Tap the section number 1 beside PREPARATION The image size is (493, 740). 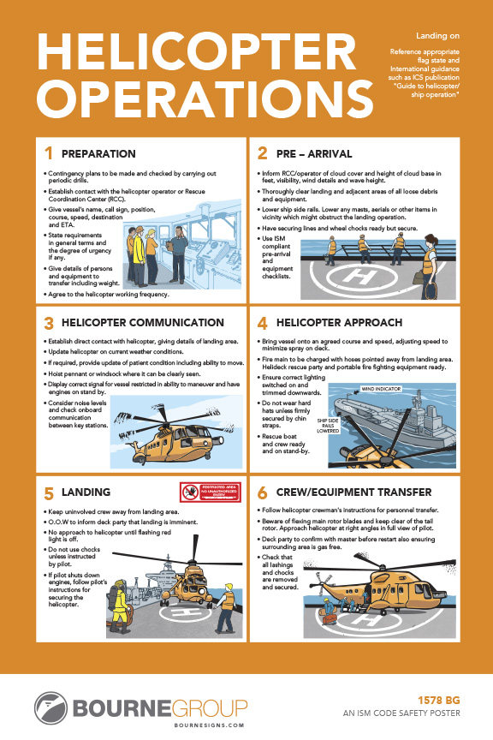[x=49, y=154]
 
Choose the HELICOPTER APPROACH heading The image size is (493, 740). [x=339, y=323]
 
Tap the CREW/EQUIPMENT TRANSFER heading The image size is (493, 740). [x=357, y=492]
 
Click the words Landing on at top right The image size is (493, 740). [x=437, y=37]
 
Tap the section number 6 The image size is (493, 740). [x=263, y=492]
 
